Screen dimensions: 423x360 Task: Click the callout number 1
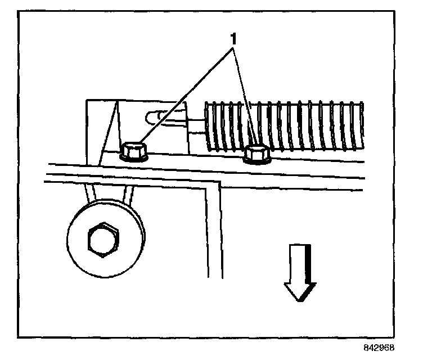coord(231,40)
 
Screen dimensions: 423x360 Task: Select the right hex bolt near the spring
coord(257,154)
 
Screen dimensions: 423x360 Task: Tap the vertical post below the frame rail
coord(212,231)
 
